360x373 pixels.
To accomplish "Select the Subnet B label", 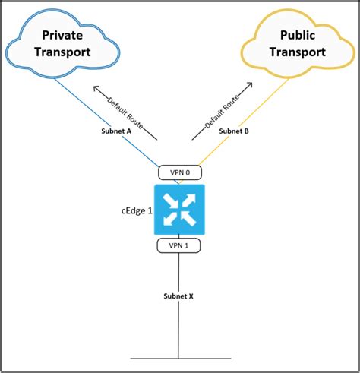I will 234,130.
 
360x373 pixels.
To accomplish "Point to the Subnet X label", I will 178,295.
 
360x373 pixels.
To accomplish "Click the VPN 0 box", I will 178,172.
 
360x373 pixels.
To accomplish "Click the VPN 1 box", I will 178,245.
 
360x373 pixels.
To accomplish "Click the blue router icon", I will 178,208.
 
